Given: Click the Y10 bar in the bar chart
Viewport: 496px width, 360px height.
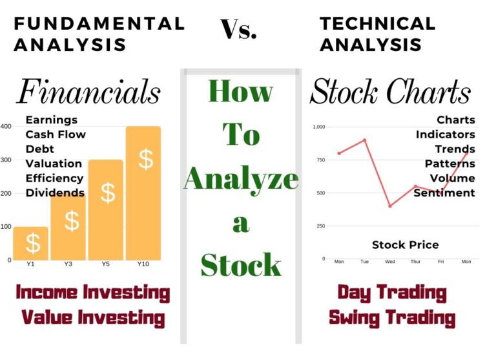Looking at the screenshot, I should pyautogui.click(x=143, y=194).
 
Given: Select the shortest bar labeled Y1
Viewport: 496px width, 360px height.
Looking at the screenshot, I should pyautogui.click(x=31, y=243).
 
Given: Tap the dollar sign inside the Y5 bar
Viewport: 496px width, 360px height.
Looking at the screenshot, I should pyautogui.click(x=108, y=193).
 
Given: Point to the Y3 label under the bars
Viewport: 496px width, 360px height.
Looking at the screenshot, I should pyautogui.click(x=68, y=264).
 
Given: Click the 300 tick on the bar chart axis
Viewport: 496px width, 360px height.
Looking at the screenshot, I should pyautogui.click(x=6, y=160).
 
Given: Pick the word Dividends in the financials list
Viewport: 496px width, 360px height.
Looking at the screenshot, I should pyautogui.click(x=55, y=193).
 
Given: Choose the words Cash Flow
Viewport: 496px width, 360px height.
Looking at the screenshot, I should pyautogui.click(x=56, y=134).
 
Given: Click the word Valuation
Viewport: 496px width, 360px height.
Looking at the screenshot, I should pyautogui.click(x=54, y=164).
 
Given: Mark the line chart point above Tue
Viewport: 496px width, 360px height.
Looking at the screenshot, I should pyautogui.click(x=364, y=140).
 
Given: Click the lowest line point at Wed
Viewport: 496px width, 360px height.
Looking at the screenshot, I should pyautogui.click(x=389, y=206).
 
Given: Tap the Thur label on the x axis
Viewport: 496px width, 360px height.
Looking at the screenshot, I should pyautogui.click(x=415, y=262).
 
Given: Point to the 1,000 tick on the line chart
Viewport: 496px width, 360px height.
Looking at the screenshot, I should pyautogui.click(x=319, y=127).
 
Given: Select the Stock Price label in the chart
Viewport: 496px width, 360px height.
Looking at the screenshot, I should pyautogui.click(x=405, y=245).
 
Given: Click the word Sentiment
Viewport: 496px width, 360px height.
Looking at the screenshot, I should pyautogui.click(x=444, y=193).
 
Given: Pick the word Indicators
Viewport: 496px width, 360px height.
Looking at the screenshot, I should pyautogui.click(x=446, y=134).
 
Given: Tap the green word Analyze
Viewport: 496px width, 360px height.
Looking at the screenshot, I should pyautogui.click(x=241, y=178).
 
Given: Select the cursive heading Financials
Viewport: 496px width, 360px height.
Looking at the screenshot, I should pyautogui.click(x=88, y=91).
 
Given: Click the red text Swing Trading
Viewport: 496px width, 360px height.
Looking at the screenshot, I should pyautogui.click(x=392, y=317).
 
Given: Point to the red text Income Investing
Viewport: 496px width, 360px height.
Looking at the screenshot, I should pyautogui.click(x=92, y=292).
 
